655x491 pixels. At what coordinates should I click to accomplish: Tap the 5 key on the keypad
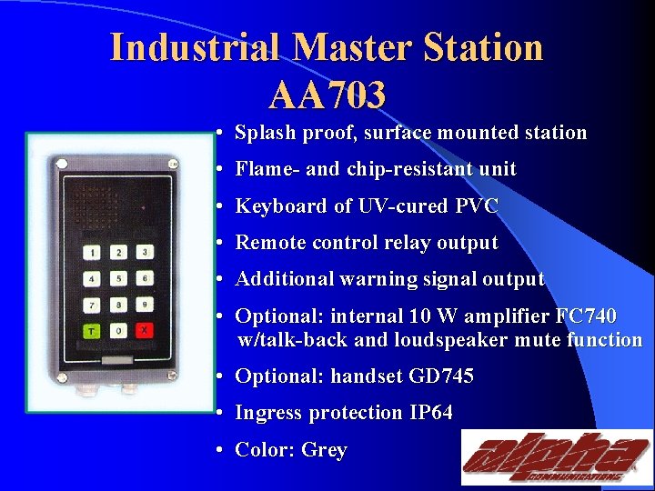118,278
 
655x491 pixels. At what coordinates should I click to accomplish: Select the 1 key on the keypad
93,252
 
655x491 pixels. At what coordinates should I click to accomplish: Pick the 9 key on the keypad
144,305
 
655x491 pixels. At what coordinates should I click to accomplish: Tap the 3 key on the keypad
144,252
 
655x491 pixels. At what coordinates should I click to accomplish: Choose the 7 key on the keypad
93,305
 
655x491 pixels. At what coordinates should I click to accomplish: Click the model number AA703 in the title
327,93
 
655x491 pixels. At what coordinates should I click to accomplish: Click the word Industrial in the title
195,47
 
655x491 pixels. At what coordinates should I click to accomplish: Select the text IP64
430,413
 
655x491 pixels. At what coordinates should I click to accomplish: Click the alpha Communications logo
555,456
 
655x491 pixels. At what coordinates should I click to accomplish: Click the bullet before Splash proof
221,134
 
